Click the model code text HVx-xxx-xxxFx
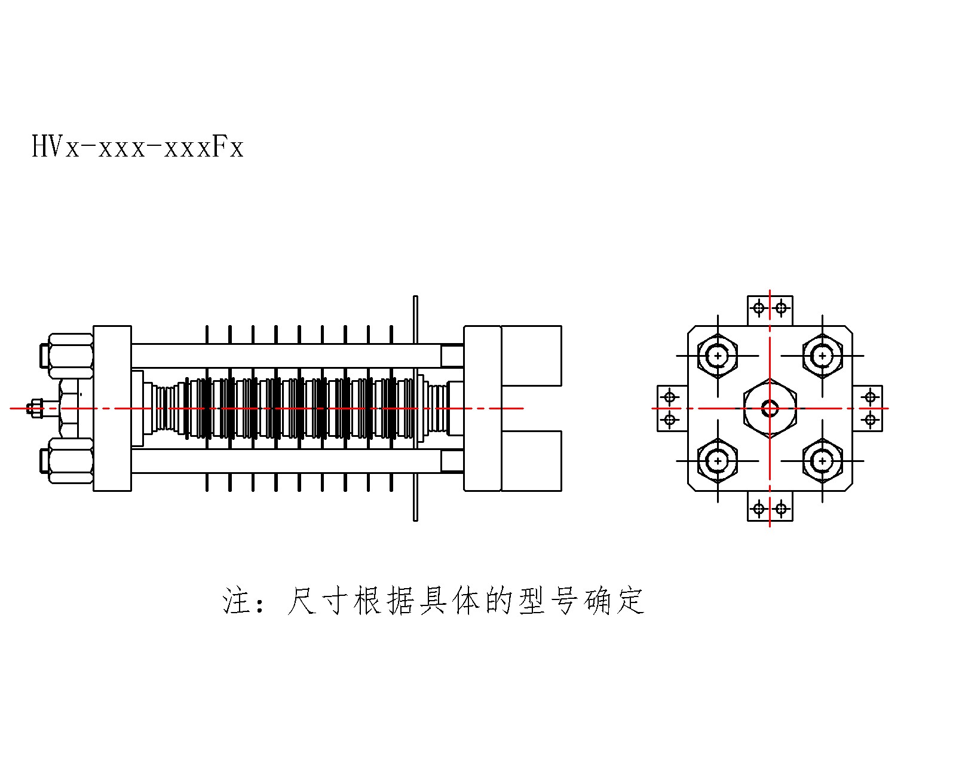tap(137, 146)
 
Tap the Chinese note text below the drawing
tap(433, 601)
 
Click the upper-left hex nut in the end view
tap(718, 356)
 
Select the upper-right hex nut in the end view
tap(822, 356)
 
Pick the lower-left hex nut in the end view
tap(718, 461)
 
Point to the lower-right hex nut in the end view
tap(822, 461)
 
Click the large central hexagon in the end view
tap(770, 408)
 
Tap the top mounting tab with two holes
tap(770, 311)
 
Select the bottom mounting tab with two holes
tap(770, 506)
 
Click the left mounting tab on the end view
tap(673, 408)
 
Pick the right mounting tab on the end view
tap(868, 408)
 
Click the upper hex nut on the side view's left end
tap(70, 356)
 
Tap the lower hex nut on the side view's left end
tap(70, 461)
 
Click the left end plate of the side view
tap(112, 408)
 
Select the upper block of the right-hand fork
tap(531, 356)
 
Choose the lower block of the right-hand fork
tap(531, 461)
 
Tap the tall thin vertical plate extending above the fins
tap(415, 408)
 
